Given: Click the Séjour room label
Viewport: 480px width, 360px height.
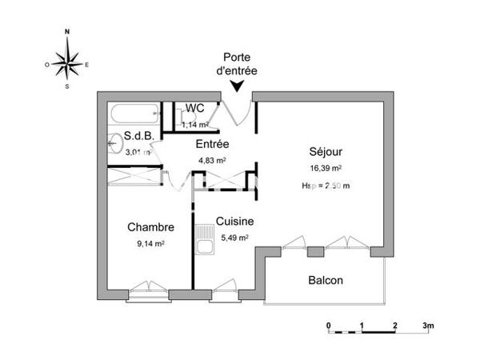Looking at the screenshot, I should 326,153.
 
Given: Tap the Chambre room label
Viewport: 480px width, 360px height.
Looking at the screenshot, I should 150,227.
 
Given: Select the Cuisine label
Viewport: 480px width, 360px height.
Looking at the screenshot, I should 234,222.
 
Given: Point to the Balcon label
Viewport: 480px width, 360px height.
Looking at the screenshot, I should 326,281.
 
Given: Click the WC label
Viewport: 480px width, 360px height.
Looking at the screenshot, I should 194,109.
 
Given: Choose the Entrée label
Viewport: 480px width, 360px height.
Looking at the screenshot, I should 213,144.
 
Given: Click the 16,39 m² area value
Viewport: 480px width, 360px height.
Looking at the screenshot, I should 326,169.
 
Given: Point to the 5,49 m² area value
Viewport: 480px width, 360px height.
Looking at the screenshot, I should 234,238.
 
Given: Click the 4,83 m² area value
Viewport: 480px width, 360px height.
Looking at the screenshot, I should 212,160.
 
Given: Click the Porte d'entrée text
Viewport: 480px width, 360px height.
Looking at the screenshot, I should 238,64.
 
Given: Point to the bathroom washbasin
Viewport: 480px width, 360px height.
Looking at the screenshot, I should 112,146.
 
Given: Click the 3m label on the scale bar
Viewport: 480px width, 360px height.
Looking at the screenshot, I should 428,326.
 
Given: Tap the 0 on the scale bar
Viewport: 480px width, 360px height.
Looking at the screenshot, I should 328,326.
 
